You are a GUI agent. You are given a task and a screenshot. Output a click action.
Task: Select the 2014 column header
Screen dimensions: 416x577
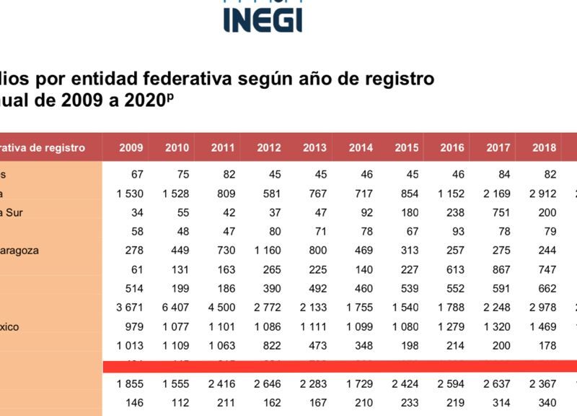click(361, 148)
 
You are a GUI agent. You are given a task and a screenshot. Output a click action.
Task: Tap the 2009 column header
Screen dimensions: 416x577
click(131, 148)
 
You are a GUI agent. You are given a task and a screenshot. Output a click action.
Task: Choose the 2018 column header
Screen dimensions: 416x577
click(544, 148)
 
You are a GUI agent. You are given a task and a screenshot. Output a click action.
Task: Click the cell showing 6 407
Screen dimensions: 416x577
click(175, 308)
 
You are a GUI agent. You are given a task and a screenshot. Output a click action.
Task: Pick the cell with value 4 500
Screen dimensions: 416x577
click(221, 308)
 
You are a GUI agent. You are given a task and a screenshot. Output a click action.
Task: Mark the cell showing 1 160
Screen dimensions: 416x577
click(268, 251)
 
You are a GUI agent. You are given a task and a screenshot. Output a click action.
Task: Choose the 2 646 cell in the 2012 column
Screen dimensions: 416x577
click(268, 383)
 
